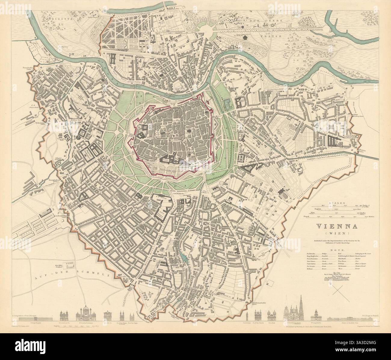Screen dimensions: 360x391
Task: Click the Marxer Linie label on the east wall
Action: click(362, 150)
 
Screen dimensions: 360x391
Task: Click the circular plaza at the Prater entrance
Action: click(208, 29)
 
